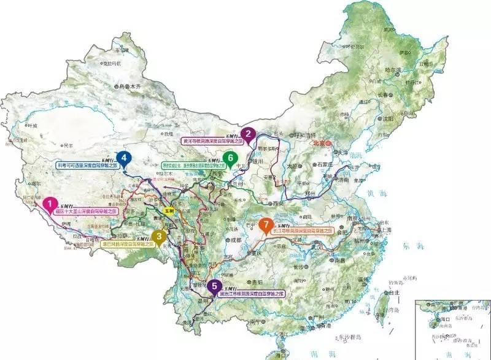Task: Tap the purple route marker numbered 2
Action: pos(248,132)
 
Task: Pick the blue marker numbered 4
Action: pos(125,157)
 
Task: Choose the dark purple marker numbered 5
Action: pos(214,285)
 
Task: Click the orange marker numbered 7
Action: pos(265,224)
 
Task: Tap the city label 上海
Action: pos(385,229)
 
